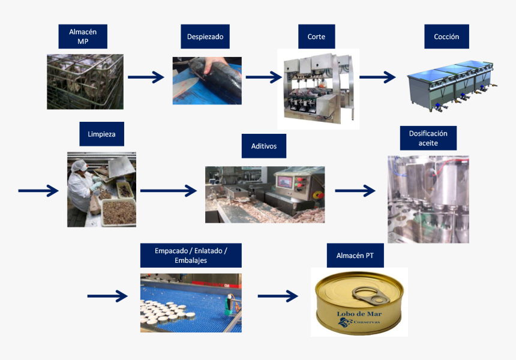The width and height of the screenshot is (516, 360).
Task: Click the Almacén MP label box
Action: click(83, 37)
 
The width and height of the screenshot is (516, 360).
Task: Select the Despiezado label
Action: click(205, 37)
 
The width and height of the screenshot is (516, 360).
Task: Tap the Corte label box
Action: click(316, 37)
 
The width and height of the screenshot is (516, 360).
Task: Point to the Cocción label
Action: click(446, 37)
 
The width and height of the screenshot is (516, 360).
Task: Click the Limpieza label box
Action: click(101, 134)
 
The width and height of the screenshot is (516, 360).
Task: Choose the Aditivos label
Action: click(264, 146)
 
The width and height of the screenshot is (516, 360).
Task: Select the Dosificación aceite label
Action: click(428, 138)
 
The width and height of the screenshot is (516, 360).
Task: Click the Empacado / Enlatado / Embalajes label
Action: click(191, 255)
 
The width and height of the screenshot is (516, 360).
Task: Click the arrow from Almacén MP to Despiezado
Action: click(146, 77)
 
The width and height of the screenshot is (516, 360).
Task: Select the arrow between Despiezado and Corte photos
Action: click(263, 77)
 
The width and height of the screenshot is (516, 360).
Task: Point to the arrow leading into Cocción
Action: click(377, 77)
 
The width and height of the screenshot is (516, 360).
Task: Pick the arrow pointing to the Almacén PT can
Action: click(278, 296)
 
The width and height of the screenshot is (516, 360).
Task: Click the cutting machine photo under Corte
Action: click(318, 89)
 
